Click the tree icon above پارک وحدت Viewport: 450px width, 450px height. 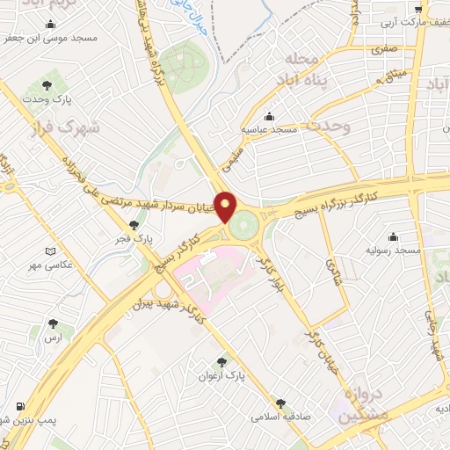(x=46, y=85)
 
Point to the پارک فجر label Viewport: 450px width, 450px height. (x=136, y=238)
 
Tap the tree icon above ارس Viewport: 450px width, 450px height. (x=55, y=324)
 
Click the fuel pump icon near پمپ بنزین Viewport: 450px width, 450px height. (x=19, y=407)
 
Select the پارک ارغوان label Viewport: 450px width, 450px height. (x=224, y=375)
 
